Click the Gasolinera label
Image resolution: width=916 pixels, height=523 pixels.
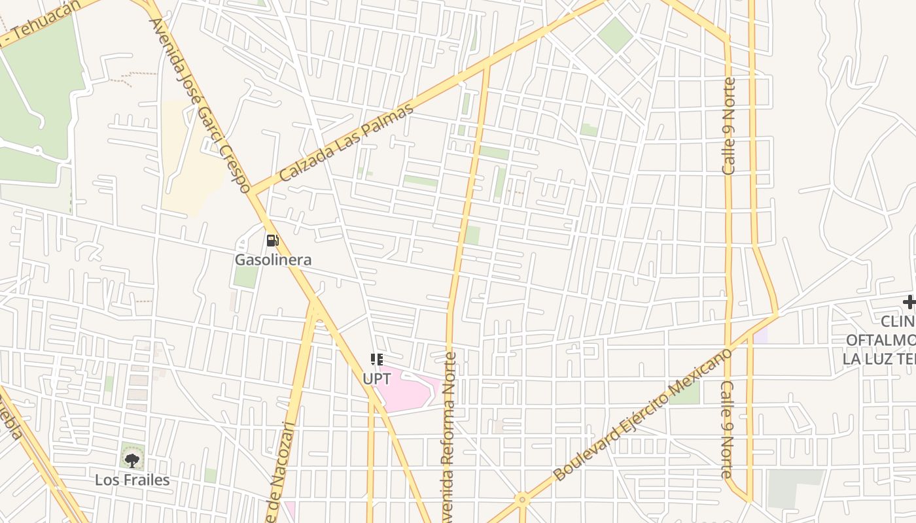tap(273, 260)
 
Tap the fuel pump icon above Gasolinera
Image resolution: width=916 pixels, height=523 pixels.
tap(272, 240)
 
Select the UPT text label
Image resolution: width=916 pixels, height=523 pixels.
tap(376, 378)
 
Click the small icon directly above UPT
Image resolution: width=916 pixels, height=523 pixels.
tap(376, 359)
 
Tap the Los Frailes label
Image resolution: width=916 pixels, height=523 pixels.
tap(132, 480)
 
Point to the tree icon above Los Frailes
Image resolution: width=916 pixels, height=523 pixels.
tap(132, 460)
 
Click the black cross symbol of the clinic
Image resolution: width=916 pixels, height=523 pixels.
tap(909, 302)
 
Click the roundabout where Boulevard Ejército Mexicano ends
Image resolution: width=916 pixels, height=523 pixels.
tap(521, 500)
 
